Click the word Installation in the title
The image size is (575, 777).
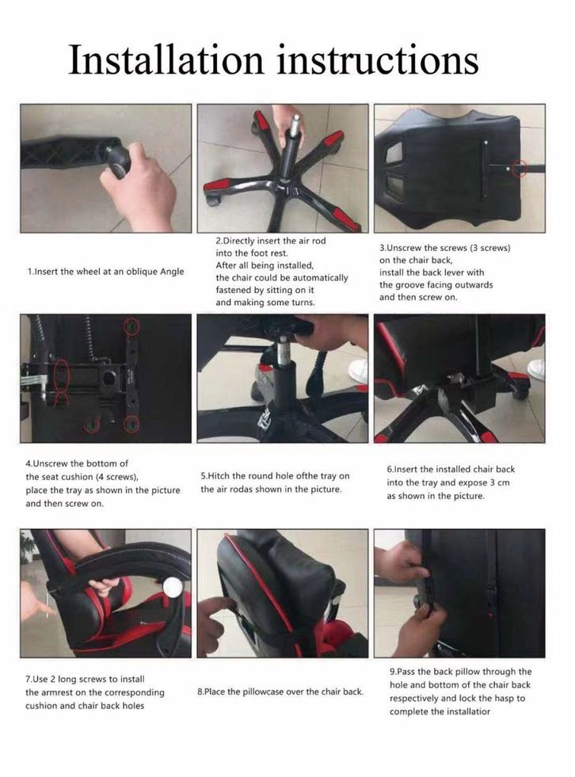pyautogui.click(x=166, y=59)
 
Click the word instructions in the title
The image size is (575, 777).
pyautogui.click(x=378, y=59)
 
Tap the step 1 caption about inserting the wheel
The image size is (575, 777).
pyautogui.click(x=105, y=272)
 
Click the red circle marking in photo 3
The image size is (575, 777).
pyautogui.click(x=519, y=169)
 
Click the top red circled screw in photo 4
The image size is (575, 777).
pyautogui.click(x=131, y=326)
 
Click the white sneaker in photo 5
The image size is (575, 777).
pyautogui.click(x=358, y=371)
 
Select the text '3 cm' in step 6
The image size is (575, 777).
pyautogui.click(x=500, y=482)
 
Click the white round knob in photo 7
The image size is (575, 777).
pyautogui.click(x=173, y=587)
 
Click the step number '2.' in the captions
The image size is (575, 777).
pyautogui.click(x=219, y=242)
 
